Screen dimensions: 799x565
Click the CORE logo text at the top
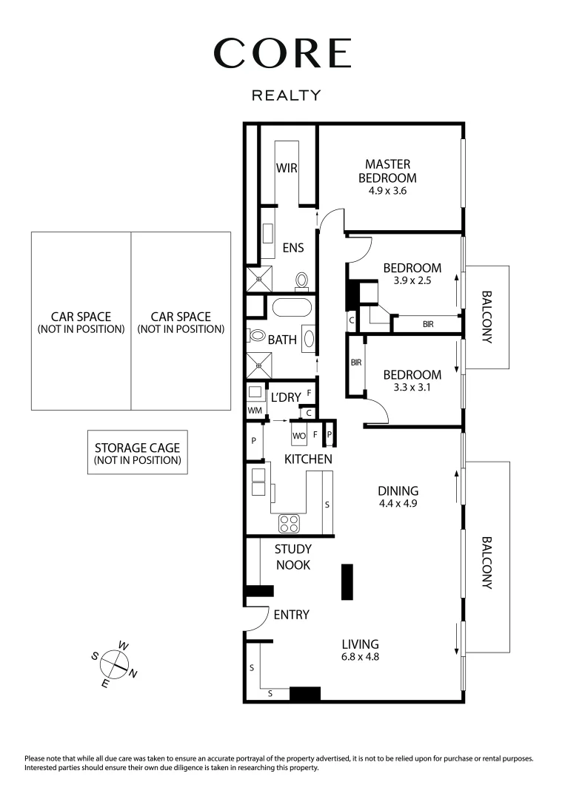(282, 53)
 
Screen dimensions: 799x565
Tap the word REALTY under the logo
(287, 95)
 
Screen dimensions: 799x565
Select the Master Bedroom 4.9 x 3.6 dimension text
(387, 191)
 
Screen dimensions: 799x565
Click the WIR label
(287, 168)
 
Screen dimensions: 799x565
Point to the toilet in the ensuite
(301, 280)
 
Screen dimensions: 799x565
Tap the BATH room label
(282, 340)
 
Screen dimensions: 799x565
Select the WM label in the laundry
(255, 409)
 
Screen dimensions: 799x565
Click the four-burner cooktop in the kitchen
(290, 524)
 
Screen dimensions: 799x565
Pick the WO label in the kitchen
(299, 436)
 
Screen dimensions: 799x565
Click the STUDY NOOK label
(292, 557)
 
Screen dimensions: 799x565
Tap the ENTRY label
(291, 615)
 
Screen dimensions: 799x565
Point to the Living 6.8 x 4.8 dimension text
(360, 656)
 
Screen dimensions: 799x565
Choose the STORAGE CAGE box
(137, 453)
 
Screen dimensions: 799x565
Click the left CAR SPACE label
(81, 322)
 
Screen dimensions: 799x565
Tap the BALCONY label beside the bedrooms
(487, 317)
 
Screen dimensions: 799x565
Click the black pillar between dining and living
(347, 581)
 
